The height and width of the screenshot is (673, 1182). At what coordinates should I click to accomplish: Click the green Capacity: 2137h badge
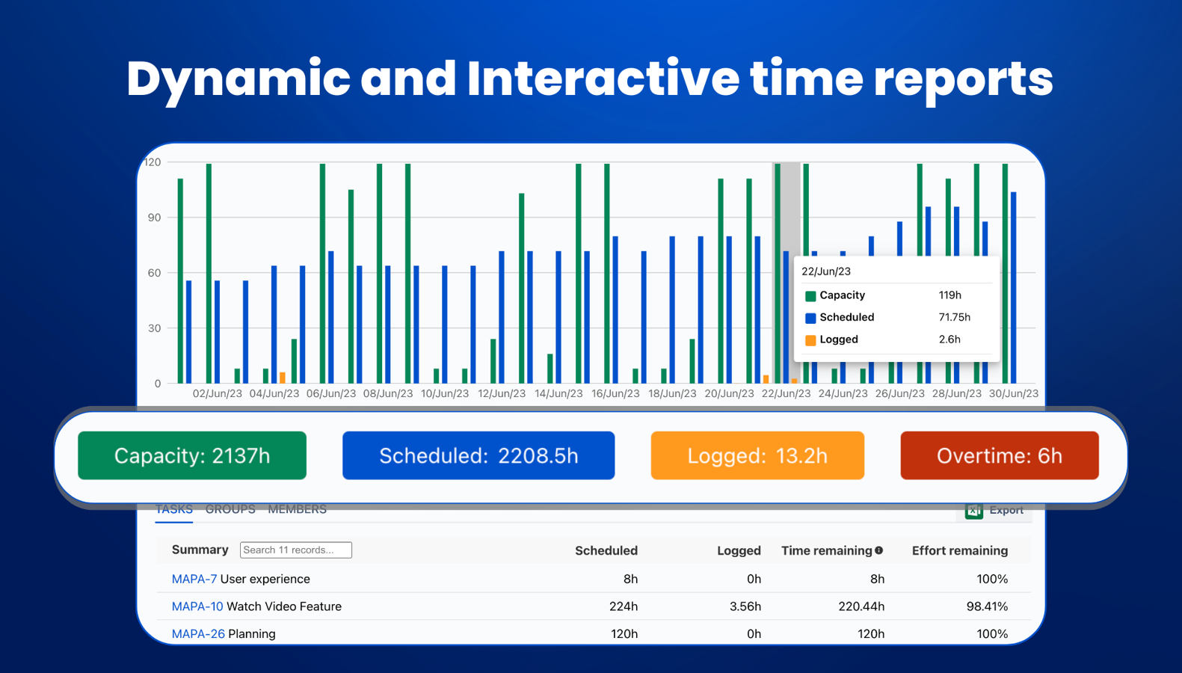192,455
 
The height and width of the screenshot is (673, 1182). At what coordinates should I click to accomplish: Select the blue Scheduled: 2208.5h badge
478,455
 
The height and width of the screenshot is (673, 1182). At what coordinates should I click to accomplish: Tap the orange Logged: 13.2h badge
757,455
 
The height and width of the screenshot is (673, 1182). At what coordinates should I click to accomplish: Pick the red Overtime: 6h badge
999,455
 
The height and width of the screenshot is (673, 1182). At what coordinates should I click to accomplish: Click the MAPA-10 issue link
197,606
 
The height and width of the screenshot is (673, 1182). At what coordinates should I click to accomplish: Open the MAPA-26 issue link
198,634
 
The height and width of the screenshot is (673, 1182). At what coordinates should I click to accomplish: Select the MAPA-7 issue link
194,579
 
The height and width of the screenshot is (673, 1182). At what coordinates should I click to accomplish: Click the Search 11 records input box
296,550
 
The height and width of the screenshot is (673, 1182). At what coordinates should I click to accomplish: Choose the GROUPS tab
230,509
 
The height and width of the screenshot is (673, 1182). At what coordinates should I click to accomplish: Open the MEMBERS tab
297,509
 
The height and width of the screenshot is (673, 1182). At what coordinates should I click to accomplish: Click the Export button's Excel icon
973,510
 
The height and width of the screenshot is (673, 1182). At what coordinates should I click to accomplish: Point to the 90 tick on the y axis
155,218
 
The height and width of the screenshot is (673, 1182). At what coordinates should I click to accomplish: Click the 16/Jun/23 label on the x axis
615,393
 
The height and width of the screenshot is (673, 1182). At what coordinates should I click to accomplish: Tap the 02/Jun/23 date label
218,393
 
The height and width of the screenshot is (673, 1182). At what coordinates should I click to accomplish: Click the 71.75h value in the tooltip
954,317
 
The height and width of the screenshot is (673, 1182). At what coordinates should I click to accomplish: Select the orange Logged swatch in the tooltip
810,340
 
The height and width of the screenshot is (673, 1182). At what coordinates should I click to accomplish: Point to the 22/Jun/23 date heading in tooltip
826,271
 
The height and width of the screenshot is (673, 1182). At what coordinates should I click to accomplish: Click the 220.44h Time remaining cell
861,606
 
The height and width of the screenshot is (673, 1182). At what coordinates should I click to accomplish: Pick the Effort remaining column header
959,551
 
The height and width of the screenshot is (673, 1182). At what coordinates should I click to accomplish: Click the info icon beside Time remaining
879,550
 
